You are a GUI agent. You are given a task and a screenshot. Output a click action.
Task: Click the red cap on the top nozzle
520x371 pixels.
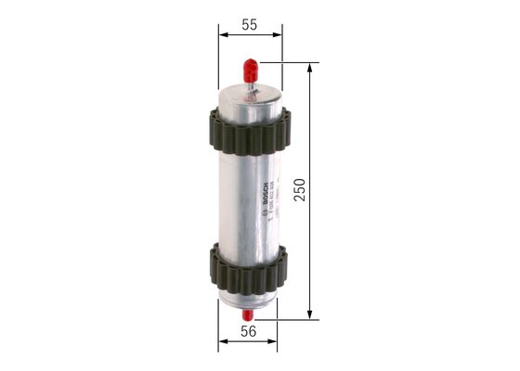[251, 69]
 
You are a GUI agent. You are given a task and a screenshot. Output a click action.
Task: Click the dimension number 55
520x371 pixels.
[250, 25]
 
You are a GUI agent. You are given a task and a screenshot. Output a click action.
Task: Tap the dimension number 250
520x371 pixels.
[299, 191]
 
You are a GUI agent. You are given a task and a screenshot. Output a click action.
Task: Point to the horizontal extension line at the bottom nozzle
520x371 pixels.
[288, 319]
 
